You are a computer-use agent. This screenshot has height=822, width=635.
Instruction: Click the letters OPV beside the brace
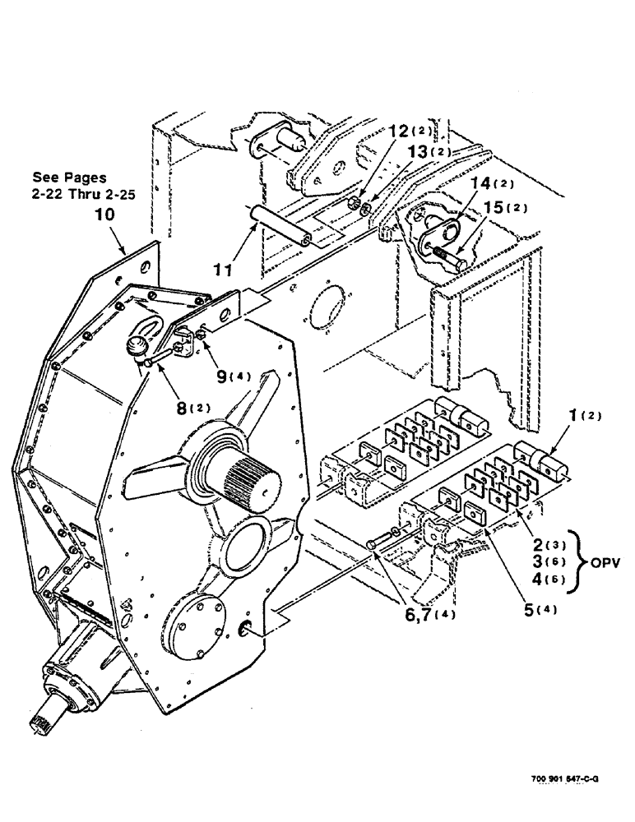(605, 565)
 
